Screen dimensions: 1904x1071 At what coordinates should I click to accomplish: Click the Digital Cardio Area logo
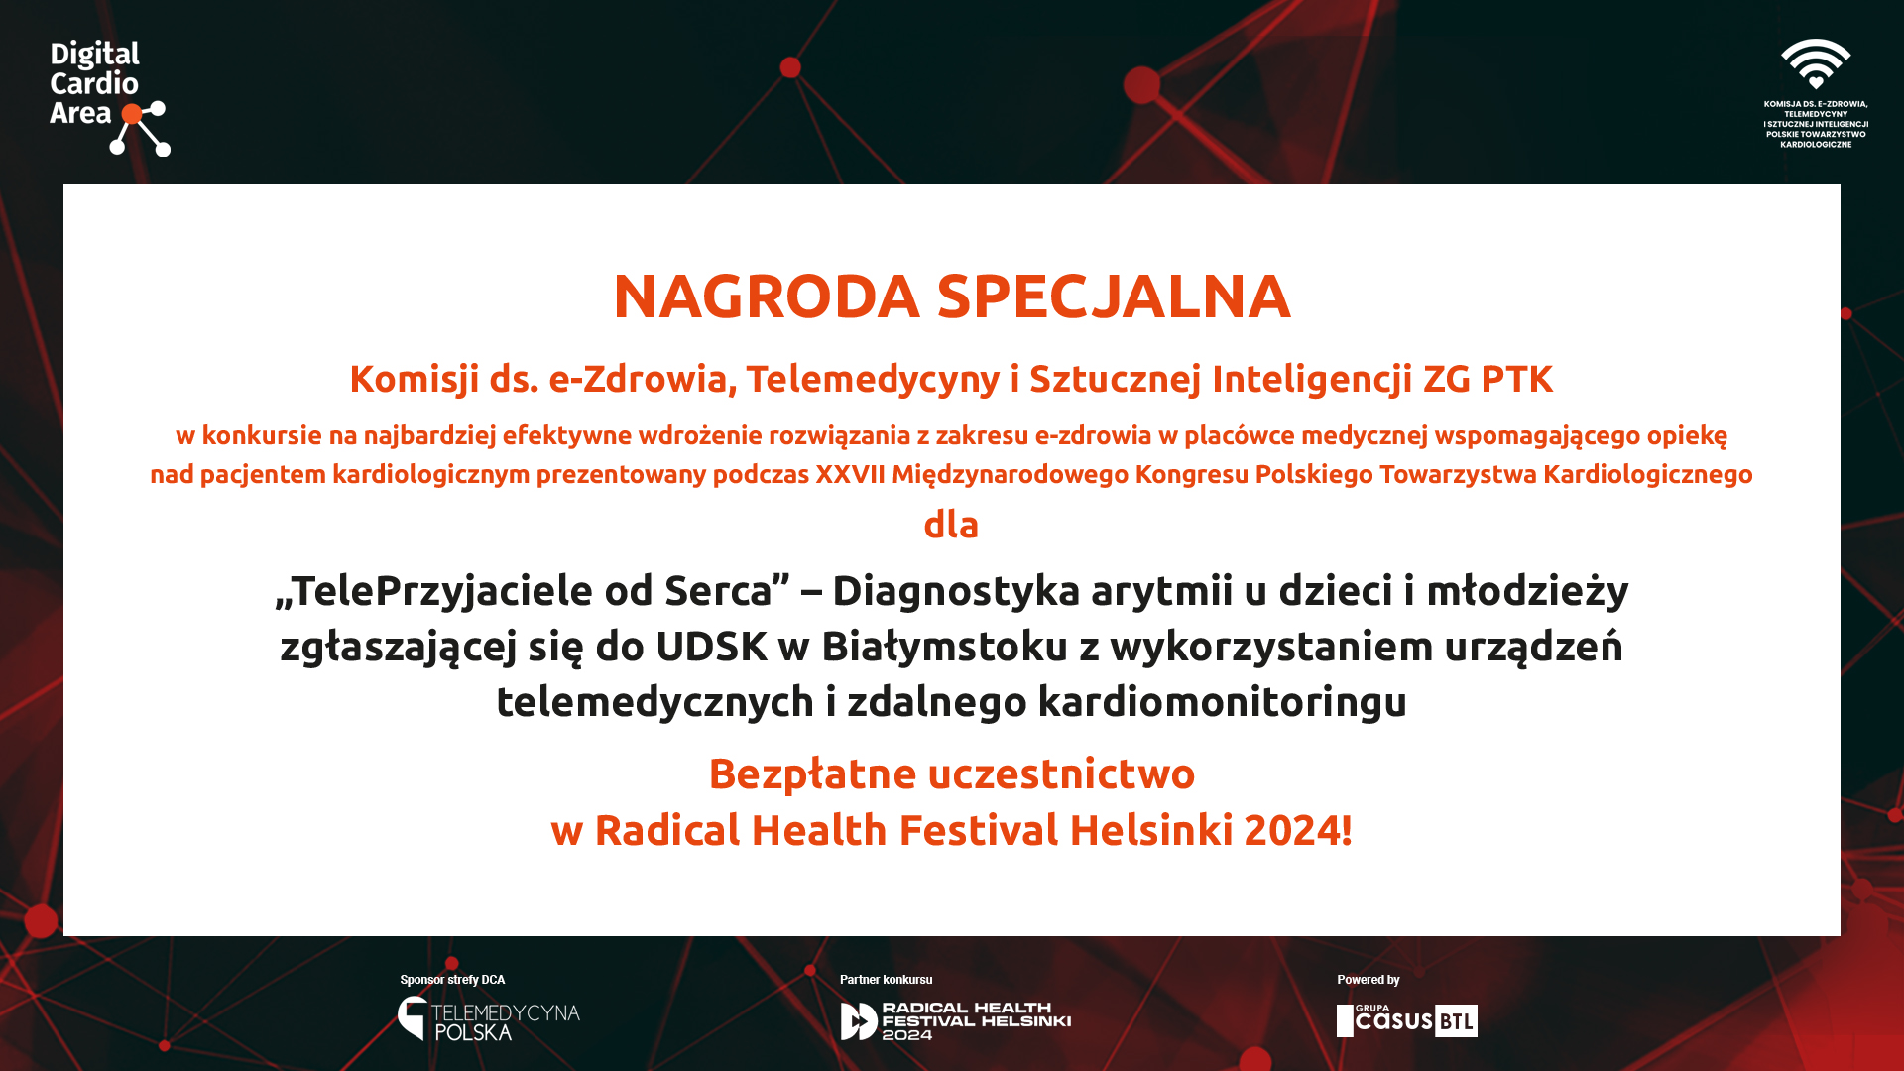point(109,97)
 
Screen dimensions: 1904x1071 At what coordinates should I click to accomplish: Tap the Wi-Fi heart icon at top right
point(1816,64)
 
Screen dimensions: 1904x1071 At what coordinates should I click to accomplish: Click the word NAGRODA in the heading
point(767,296)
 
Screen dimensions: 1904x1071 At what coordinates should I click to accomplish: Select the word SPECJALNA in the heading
point(1114,296)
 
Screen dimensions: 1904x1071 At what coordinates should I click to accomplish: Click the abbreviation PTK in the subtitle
point(1516,379)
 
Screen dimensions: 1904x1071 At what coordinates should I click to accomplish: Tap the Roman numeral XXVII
point(850,474)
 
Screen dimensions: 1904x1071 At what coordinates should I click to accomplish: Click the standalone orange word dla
point(951,524)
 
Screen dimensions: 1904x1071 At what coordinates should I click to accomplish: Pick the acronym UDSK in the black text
point(711,647)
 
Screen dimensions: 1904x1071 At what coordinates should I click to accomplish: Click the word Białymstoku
point(944,647)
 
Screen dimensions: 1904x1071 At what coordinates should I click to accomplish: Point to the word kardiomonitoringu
point(1223,702)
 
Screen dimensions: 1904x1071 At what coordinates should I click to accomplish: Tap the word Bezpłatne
point(812,774)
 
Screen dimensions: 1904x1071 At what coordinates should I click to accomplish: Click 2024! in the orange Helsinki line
point(1298,830)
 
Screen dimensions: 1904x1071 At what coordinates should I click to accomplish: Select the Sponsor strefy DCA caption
point(452,980)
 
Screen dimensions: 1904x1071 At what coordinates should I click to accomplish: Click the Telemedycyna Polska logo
point(489,1018)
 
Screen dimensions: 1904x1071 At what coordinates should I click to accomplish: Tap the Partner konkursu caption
point(886,980)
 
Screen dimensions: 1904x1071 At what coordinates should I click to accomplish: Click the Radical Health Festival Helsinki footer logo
point(956,1020)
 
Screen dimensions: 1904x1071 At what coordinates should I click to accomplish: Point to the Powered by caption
point(1368,980)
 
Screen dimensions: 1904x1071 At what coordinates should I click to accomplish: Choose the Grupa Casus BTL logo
point(1407,1020)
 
